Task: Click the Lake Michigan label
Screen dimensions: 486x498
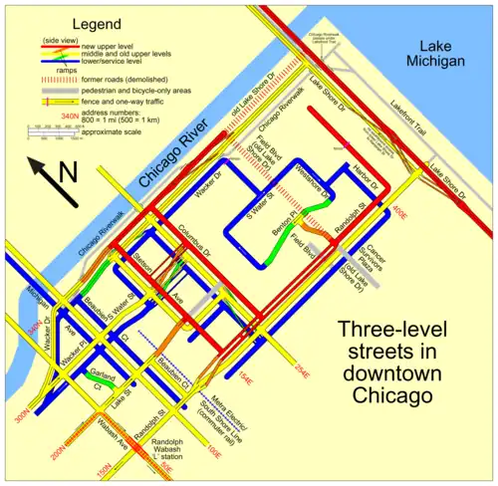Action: [436, 54]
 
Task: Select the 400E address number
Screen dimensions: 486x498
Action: [399, 210]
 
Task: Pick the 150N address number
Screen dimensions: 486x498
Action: [103, 467]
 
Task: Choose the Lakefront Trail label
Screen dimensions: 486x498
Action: [434, 150]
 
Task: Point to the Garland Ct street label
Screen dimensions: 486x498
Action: [91, 378]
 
